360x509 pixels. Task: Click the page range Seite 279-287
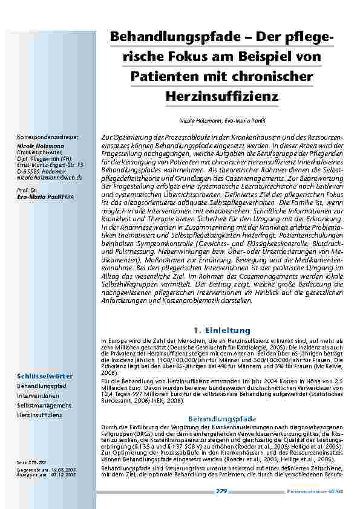(33, 462)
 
